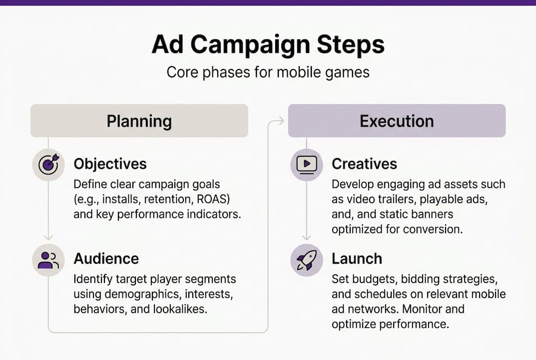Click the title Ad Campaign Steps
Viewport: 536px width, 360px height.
click(268, 44)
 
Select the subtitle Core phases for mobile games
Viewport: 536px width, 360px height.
click(268, 72)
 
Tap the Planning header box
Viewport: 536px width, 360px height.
click(139, 121)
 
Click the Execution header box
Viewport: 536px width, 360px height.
click(397, 121)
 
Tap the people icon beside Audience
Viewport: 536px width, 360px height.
click(48, 260)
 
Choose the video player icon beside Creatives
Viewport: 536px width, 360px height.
click(307, 164)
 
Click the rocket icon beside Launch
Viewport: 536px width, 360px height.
click(307, 260)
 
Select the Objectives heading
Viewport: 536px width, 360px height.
click(110, 164)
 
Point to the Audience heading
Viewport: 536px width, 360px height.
click(106, 258)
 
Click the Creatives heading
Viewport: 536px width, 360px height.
click(364, 164)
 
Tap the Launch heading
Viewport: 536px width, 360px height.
click(357, 258)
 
